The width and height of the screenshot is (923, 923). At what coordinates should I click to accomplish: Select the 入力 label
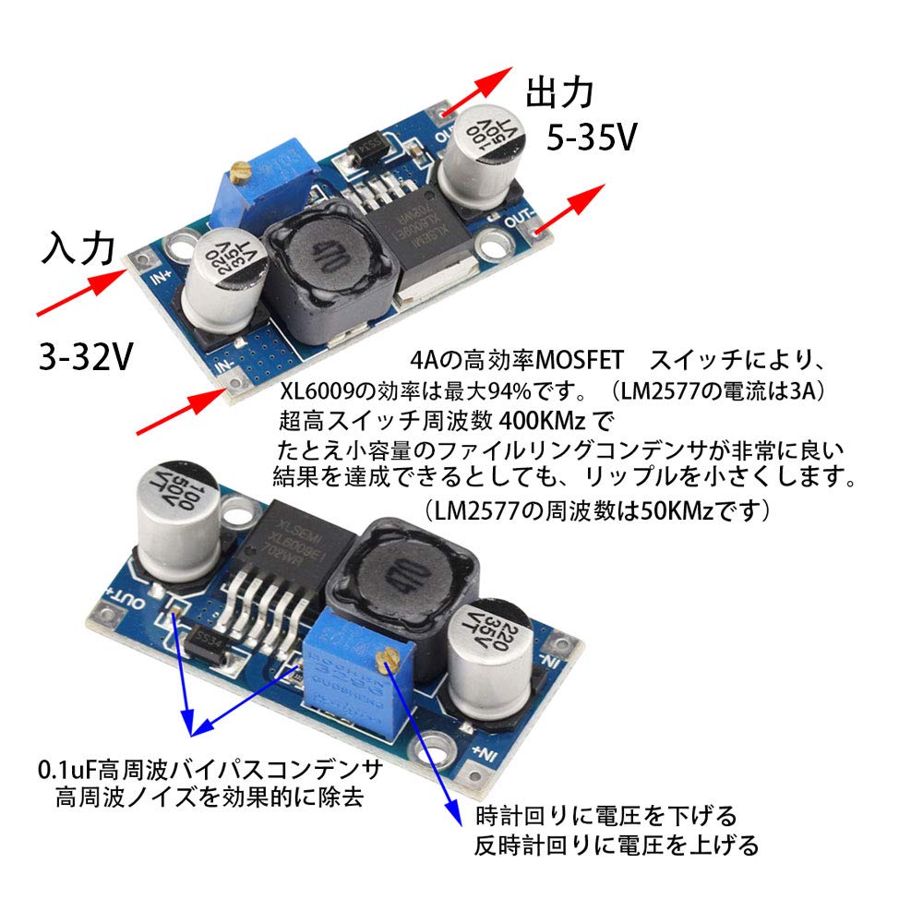tap(78, 249)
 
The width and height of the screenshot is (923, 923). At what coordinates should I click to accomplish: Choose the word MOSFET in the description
tap(577, 357)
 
